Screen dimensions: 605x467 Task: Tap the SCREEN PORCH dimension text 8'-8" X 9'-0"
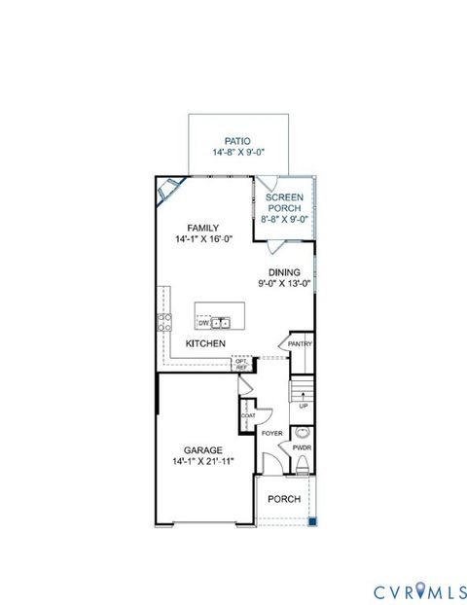pos(285,219)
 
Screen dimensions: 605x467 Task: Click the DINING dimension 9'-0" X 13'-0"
pos(285,284)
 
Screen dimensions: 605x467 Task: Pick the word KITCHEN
pos(206,344)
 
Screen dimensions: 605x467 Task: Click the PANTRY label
pos(299,342)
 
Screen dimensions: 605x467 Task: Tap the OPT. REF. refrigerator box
pos(242,365)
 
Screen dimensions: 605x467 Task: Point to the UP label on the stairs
pos(304,406)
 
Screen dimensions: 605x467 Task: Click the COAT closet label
pos(248,415)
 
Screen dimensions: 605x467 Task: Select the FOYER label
pos(271,433)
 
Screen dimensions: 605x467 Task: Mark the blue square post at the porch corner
pos(313,522)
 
